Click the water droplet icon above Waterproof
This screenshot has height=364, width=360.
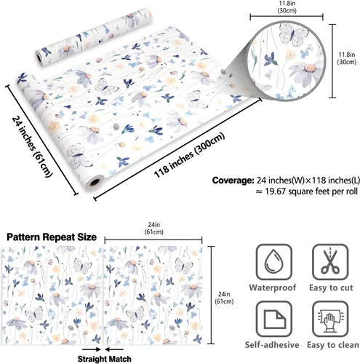[273, 262]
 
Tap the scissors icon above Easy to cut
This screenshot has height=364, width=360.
[330, 262]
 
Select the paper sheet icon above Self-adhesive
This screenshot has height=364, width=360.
[274, 319]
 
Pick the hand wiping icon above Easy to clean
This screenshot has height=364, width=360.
[330, 319]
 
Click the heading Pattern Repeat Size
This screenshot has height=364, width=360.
[52, 237]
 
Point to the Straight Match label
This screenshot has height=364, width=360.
[105, 359]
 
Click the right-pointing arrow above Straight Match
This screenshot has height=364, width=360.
[92, 349]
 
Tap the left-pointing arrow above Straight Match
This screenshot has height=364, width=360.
[114, 349]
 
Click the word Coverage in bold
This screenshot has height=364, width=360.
[233, 181]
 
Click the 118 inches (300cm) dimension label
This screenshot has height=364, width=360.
[189, 156]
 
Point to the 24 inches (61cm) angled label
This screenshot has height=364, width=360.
[32, 146]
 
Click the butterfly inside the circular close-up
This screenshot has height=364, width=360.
[292, 34]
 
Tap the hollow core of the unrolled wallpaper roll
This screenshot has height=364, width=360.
[95, 182]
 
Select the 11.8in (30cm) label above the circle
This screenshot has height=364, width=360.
[287, 7]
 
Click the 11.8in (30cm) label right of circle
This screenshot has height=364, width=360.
[347, 58]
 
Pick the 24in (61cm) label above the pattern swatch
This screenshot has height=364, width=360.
[154, 229]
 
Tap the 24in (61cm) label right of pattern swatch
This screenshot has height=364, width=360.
[224, 298]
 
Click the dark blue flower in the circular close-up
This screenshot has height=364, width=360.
[271, 59]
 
